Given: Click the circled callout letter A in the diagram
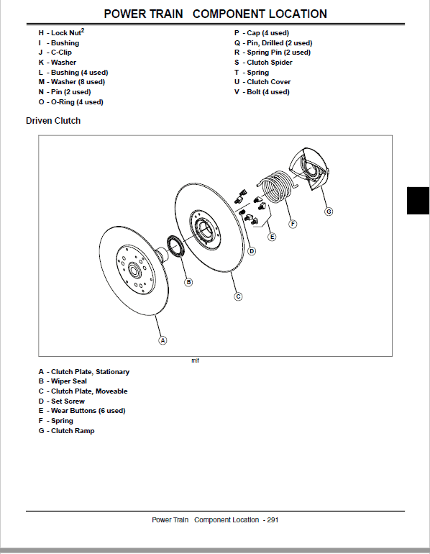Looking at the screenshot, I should (x=163, y=340).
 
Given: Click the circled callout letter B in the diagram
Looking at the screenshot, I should (x=188, y=282).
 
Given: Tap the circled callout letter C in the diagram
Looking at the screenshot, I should (x=238, y=296).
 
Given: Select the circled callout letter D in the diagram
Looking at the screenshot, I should (x=252, y=251).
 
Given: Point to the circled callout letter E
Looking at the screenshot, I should (x=271, y=237).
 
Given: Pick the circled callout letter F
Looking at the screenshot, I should (x=293, y=224).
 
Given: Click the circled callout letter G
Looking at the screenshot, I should (x=329, y=211).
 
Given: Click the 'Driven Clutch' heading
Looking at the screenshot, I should (x=53, y=121).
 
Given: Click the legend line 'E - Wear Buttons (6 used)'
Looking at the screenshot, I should (x=82, y=411).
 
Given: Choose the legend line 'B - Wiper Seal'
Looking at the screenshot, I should (x=63, y=381).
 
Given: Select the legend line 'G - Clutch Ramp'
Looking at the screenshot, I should (x=66, y=430).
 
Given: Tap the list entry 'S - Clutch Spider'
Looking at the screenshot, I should (x=263, y=63).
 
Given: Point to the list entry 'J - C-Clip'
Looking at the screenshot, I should (x=55, y=53).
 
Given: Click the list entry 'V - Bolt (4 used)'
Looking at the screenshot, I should (x=262, y=92).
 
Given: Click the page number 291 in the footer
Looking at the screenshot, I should (x=273, y=519).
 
